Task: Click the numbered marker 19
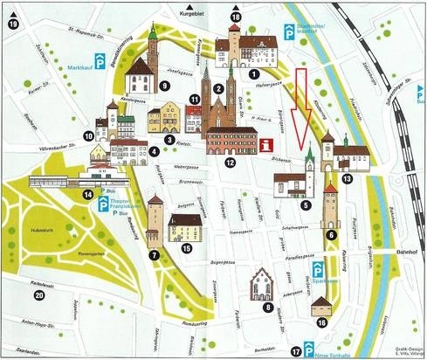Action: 12,24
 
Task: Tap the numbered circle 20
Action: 38,295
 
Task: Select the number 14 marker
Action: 88,195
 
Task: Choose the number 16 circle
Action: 322,323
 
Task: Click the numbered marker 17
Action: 296,351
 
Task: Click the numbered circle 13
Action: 347,178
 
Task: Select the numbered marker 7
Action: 154,255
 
